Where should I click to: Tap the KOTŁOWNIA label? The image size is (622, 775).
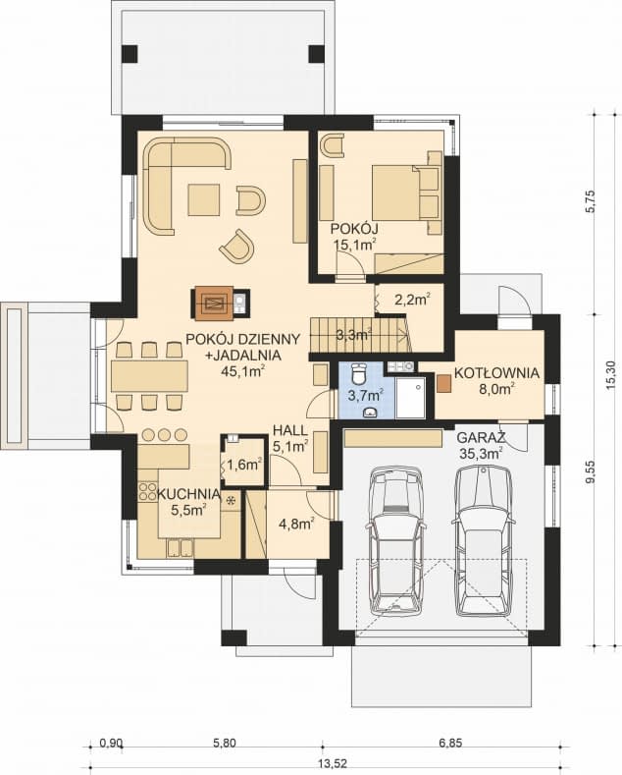(x=496, y=373)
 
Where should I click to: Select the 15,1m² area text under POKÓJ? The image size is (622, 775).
(x=354, y=244)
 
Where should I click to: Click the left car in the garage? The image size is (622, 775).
(x=397, y=541)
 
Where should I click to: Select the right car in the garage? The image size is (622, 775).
(x=483, y=541)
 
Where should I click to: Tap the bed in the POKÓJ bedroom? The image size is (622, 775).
(x=406, y=193)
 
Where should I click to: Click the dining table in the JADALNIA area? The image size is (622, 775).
(x=149, y=375)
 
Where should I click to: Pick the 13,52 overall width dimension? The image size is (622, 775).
(x=332, y=763)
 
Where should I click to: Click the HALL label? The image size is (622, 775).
(x=290, y=431)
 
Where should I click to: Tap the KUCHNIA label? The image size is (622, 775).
(x=188, y=494)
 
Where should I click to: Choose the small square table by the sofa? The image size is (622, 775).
(x=203, y=200)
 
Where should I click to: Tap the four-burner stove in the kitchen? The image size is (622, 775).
(x=147, y=491)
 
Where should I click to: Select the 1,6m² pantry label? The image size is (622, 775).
(x=244, y=465)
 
